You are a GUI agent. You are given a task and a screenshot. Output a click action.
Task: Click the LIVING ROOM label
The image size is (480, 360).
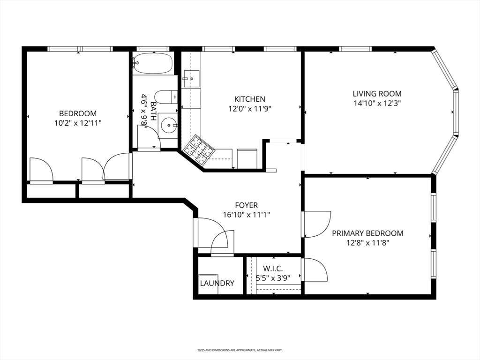coord(377,94)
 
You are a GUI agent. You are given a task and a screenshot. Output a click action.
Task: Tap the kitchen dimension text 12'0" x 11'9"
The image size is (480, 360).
coord(249,108)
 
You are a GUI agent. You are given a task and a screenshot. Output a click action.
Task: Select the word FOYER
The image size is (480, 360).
coord(247,205)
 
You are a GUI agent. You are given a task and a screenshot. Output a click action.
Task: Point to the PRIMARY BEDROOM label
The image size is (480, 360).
coord(367,233)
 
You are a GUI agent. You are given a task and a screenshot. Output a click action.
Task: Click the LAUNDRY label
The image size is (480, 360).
coord(217,283)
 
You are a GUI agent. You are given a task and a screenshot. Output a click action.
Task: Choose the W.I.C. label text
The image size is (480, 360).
coord(272,269)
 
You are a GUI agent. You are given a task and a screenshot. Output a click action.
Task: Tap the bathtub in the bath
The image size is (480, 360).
coord(152,63)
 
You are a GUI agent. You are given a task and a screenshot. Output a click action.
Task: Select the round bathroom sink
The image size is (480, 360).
coord(168,125)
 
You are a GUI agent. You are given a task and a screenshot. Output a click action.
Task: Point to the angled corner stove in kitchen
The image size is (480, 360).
coord(198,150)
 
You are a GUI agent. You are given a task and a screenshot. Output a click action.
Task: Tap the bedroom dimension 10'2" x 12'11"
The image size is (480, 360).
coord(78,123)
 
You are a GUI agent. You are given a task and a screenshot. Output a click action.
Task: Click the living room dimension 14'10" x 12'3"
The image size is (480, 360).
coord(377,103)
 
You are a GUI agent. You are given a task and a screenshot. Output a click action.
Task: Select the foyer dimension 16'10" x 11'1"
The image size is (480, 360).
coord(247,215)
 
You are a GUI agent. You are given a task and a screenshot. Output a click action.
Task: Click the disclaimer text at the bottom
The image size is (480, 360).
coord(240,350)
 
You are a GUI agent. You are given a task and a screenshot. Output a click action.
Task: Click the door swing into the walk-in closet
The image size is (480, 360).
coord(315,270)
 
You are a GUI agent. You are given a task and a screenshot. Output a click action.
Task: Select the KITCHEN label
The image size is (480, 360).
coord(249,99)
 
